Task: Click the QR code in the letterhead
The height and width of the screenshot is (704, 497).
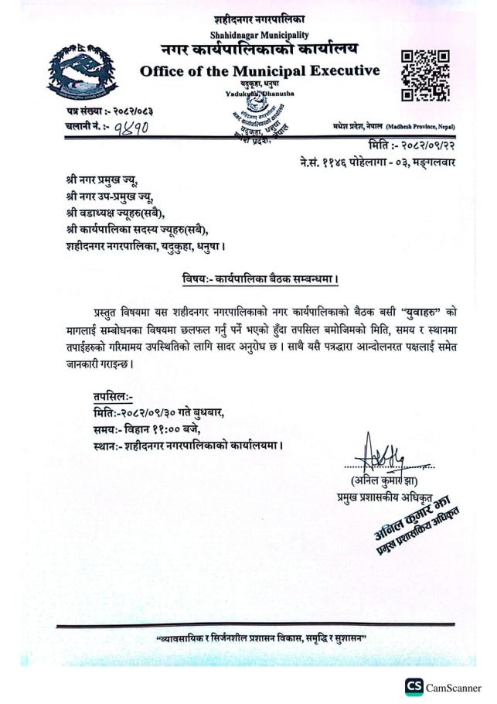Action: pyautogui.click(x=425, y=76)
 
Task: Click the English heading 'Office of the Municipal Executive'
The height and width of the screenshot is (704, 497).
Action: pyautogui.click(x=260, y=71)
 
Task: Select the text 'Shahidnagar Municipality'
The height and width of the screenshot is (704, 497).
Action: pyautogui.click(x=259, y=36)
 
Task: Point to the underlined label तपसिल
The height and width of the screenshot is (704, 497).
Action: pyautogui.click(x=113, y=394)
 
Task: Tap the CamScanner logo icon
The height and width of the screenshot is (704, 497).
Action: pyautogui.click(x=414, y=687)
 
